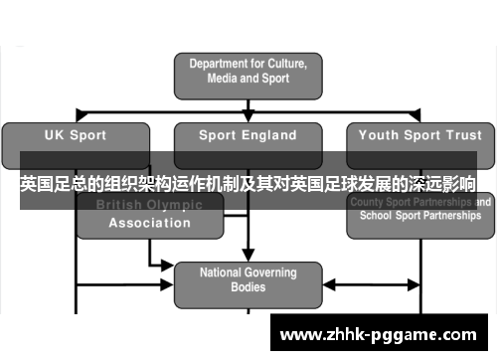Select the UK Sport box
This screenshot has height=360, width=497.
coord(77,136)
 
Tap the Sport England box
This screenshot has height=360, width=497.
coord(248,136)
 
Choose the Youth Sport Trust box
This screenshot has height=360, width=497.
coord(418,136)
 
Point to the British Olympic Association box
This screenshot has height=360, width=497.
coord(149,214)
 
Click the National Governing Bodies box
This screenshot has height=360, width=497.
coord(248,279)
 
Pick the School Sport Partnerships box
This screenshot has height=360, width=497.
coord(418,214)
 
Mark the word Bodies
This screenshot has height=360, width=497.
coord(248,287)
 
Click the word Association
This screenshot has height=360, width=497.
coord(150,223)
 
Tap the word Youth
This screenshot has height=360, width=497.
coord(379,135)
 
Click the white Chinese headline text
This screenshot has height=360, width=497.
coord(248,184)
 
